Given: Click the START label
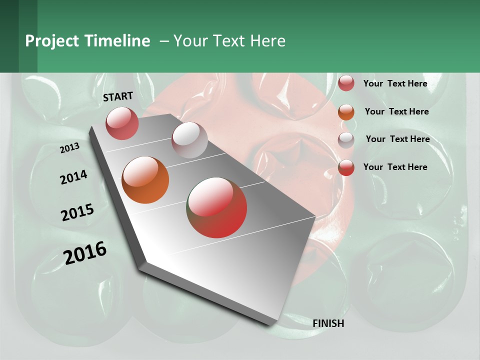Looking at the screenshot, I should (x=118, y=96).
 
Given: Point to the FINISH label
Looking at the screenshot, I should (x=328, y=323).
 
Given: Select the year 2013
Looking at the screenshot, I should (x=69, y=147).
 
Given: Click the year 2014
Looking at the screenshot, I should (x=73, y=177).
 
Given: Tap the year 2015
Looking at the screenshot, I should (x=77, y=212).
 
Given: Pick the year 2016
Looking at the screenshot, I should (x=85, y=253).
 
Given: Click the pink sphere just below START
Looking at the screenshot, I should (x=122, y=123).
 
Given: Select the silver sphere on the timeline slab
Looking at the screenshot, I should (x=189, y=140).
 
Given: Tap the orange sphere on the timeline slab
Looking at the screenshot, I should (x=145, y=180).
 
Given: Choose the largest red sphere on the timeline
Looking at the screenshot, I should (x=216, y=207).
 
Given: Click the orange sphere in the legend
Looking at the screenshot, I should (x=346, y=112).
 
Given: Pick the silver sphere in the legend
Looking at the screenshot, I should (x=346, y=140).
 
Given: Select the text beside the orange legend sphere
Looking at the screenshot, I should (x=396, y=111).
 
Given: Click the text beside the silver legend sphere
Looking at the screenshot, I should (x=397, y=139).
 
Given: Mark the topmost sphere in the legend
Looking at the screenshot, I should (x=346, y=83).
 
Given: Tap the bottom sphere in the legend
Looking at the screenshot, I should (x=346, y=167).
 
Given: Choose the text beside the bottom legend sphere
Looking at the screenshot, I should (x=395, y=167).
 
